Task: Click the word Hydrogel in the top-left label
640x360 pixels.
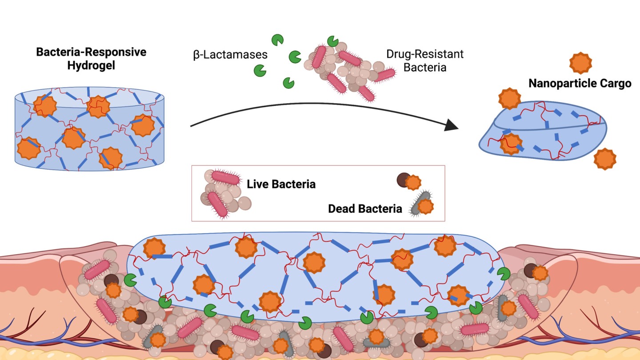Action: [92, 66]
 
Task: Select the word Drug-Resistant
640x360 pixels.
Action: [425, 55]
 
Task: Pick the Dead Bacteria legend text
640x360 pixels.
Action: [365, 208]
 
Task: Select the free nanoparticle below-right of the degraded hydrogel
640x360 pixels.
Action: [605, 159]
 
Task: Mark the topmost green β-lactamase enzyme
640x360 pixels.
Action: [278, 40]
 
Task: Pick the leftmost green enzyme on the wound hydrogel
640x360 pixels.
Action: [130, 280]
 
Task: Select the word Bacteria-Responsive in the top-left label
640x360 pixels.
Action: [91, 52]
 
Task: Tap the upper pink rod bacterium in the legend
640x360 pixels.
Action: [225, 177]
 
